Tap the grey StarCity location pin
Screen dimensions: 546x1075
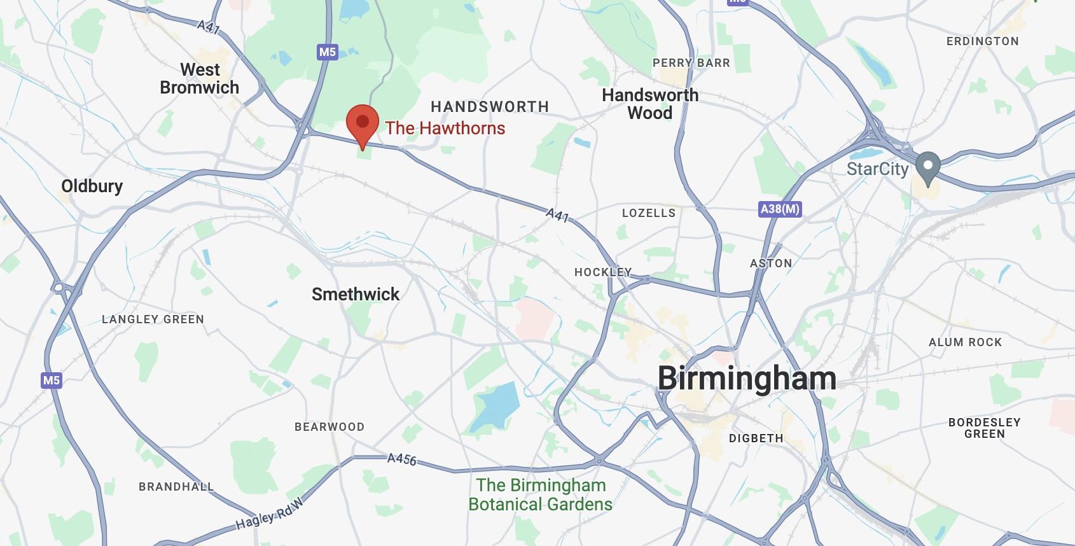click(x=927, y=167)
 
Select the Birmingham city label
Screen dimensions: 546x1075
click(x=747, y=379)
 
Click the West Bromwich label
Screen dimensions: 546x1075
click(x=200, y=79)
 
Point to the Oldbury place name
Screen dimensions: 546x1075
click(x=92, y=186)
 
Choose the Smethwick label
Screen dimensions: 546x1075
click(x=356, y=295)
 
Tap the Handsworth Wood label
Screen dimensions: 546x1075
click(x=650, y=104)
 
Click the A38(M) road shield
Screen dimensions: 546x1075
click(x=780, y=209)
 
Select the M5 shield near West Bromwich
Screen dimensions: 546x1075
click(x=327, y=52)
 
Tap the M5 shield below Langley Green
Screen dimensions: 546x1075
click(x=51, y=381)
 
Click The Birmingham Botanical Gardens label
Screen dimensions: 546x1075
click(x=541, y=495)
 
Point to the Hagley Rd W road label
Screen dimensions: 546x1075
click(x=270, y=515)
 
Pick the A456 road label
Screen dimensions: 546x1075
click(x=402, y=459)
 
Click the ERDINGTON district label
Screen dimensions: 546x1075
click(x=982, y=41)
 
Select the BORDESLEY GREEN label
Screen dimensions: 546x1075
click(x=984, y=428)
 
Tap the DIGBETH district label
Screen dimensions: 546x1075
click(x=756, y=438)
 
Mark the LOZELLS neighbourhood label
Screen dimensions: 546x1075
click(x=648, y=213)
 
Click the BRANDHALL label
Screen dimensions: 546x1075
click(x=176, y=487)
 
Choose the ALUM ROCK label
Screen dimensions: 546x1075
click(x=965, y=342)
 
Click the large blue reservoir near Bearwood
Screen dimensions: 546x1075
click(x=496, y=405)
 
